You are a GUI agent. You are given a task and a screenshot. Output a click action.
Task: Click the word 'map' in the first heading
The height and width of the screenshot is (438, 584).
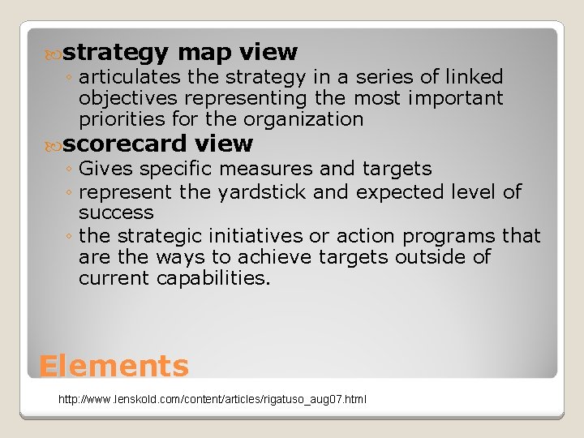click(204, 54)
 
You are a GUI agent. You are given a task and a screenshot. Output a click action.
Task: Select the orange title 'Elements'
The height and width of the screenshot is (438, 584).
click(114, 367)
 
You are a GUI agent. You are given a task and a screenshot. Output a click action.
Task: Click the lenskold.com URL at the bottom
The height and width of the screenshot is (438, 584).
click(213, 400)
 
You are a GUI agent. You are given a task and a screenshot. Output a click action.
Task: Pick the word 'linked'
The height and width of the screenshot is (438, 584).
click(471, 77)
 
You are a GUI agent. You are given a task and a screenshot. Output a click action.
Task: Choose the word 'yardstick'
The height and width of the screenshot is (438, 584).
click(261, 192)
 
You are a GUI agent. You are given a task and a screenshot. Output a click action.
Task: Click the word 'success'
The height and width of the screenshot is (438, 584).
click(116, 213)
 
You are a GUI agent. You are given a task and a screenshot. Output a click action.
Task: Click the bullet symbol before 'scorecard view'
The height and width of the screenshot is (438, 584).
click(55, 145)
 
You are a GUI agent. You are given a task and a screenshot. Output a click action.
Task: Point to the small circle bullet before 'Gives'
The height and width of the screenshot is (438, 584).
click(70, 170)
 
